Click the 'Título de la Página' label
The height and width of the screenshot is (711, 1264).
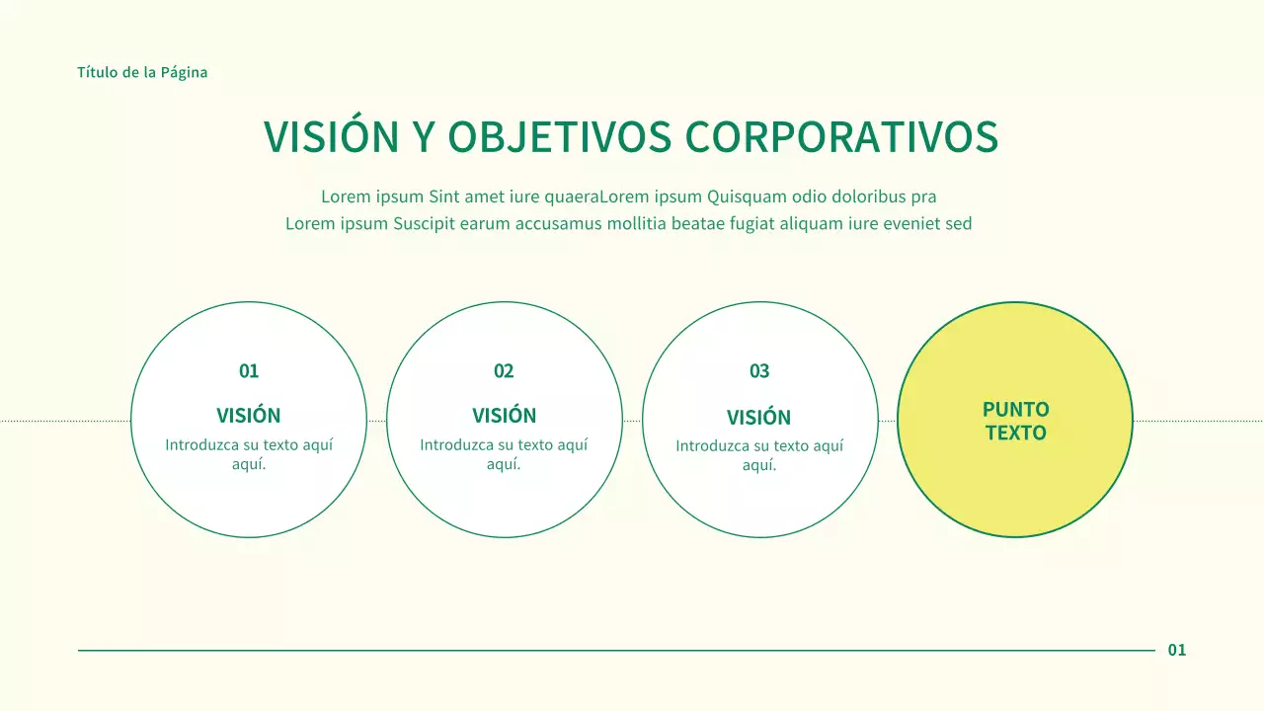[x=142, y=72]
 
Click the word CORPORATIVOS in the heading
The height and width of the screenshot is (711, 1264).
[x=841, y=137]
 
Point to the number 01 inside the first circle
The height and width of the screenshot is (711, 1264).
[x=249, y=371]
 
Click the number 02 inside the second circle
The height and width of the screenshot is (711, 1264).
[x=504, y=371]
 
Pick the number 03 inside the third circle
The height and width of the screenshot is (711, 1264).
[x=759, y=371]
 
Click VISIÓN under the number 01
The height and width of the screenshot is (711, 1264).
[x=249, y=416]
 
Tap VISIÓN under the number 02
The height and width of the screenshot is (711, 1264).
[x=504, y=416]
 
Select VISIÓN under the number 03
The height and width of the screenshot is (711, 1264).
[x=759, y=418]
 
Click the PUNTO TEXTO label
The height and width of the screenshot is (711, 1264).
[x=1015, y=421]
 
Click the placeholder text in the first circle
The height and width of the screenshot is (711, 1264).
[x=249, y=454]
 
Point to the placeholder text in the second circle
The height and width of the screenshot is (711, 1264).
[x=504, y=454]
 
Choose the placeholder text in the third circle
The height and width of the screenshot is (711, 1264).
[x=759, y=455]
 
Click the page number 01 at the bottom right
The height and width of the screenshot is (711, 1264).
[x=1177, y=650]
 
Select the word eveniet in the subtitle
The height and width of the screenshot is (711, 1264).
[x=909, y=223]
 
